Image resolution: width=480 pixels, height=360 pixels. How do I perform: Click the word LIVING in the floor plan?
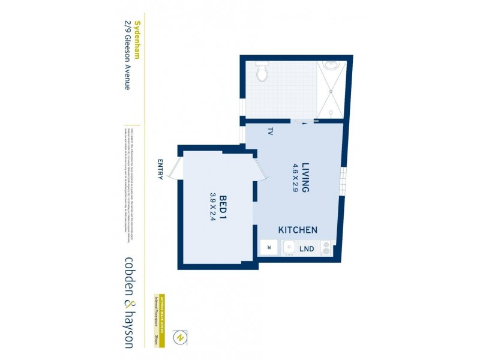pyautogui.click(x=305, y=178)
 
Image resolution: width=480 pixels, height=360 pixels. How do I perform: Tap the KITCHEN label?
pyautogui.click(x=298, y=230)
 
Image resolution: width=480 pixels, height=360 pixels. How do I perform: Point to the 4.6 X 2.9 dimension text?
pyautogui.click(x=295, y=178)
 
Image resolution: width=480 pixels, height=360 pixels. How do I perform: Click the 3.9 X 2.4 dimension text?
pyautogui.click(x=212, y=208)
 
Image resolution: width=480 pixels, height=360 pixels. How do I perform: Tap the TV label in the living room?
pyautogui.click(x=271, y=132)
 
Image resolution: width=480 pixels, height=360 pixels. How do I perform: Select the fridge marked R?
pyautogui.click(x=268, y=247)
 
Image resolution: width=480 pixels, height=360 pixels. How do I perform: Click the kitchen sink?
pyautogui.click(x=288, y=247)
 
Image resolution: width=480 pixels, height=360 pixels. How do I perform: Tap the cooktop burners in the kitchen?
pyautogui.click(x=326, y=247)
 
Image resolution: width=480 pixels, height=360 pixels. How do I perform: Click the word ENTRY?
pyautogui.click(x=160, y=170)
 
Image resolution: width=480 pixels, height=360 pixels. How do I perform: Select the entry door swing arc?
pyautogui.click(x=174, y=170)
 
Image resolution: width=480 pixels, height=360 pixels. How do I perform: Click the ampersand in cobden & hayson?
pyautogui.click(x=128, y=302)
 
